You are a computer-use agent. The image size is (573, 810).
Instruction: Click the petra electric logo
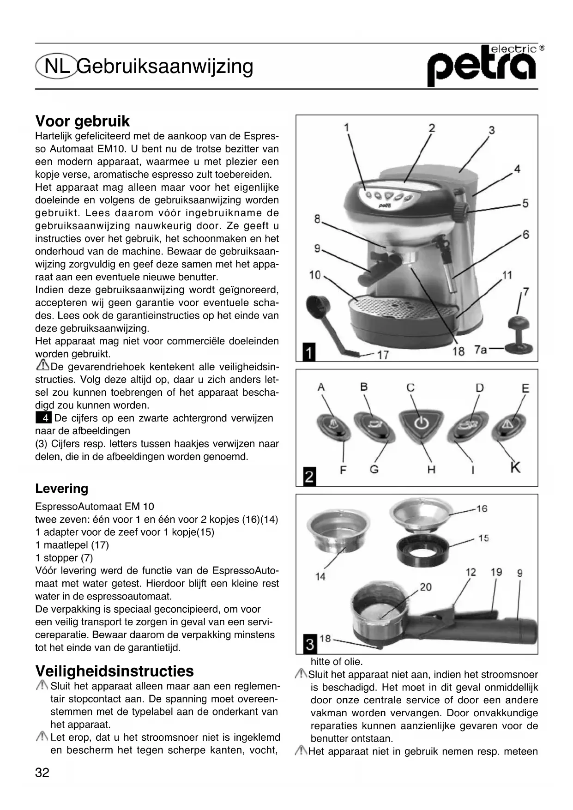(x=483, y=65)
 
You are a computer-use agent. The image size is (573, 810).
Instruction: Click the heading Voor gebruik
(x=82, y=121)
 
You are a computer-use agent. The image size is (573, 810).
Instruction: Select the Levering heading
(x=61, y=489)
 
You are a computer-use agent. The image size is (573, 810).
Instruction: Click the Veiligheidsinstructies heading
(x=115, y=671)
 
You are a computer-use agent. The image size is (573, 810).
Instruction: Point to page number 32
(x=42, y=773)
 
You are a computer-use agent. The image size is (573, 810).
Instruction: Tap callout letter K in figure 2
(x=515, y=467)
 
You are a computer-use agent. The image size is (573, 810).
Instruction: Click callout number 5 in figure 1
(x=525, y=203)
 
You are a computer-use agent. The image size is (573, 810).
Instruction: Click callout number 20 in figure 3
(x=425, y=587)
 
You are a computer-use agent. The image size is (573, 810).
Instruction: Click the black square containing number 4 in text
(x=43, y=418)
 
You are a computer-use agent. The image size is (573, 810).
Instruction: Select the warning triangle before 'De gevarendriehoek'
(x=42, y=367)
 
